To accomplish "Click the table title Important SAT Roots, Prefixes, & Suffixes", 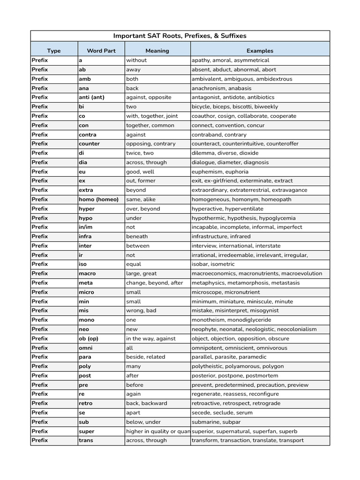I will coord(180,36).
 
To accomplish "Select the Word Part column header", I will coord(101,51).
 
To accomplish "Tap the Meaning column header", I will coord(157,51).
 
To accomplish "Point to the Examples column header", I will coord(260,51).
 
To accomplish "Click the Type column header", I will coord(54,51).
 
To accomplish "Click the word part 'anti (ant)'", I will coord(92,97).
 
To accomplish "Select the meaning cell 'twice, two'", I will coord(140,153).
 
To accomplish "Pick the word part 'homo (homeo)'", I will coord(98,199).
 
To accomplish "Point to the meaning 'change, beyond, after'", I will coord(154,283).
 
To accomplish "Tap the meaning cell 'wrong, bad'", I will coord(141,310).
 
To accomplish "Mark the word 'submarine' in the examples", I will coord(207,422).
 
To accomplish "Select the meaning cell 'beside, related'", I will coord(146,357).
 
